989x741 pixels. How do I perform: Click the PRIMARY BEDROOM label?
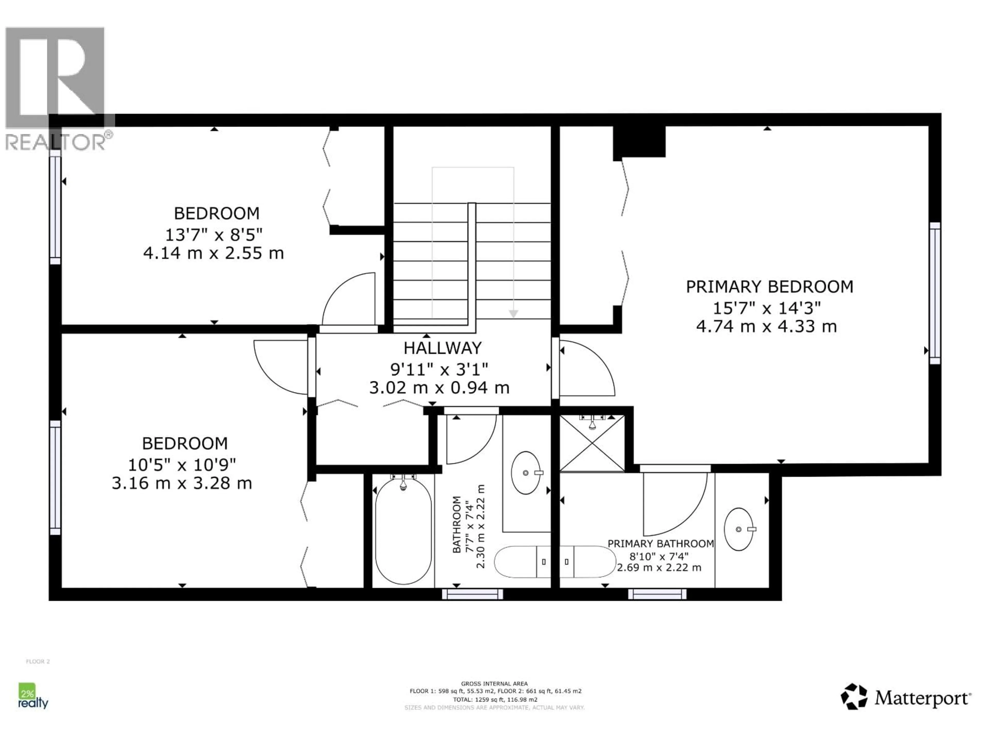coord(769,287)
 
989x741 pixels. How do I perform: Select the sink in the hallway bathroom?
coord(526,473)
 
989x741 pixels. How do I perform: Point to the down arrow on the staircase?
coord(513,314)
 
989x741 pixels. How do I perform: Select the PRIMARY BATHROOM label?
coord(660,544)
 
